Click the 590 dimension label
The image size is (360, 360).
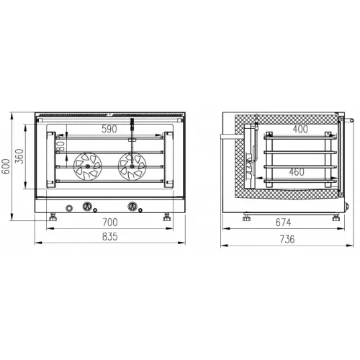[109, 129]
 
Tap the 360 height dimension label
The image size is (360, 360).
[19, 156]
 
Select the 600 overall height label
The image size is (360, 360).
[6, 166]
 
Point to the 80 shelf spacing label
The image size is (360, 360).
[62, 145]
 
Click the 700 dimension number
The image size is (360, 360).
[110, 222]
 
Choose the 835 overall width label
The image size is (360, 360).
[110, 237]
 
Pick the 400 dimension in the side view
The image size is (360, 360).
[300, 129]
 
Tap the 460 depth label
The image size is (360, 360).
[297, 172]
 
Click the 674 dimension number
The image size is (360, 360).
[283, 222]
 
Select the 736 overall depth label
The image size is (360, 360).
[287, 239]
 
